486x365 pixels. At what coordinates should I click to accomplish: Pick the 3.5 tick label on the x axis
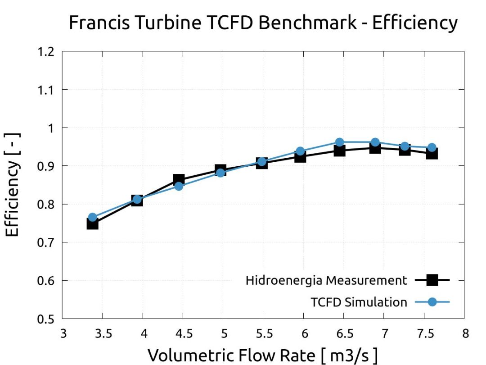pos(103,334)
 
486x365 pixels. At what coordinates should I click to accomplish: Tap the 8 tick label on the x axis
pos(465,334)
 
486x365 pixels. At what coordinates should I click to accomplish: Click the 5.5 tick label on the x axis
pos(264,334)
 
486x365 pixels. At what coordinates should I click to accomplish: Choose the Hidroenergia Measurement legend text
pos(326,280)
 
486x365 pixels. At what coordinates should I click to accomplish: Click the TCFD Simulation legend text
pos(359,302)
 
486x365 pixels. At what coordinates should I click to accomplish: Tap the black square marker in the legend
pos(432,280)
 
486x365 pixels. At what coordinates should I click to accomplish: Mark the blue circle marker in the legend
pos(432,302)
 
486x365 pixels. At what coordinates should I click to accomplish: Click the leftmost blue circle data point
pos(93,218)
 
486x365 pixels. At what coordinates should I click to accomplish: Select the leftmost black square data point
pos(93,224)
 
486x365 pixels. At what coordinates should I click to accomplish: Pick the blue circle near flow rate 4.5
pos(179,186)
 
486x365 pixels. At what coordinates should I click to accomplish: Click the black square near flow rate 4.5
pos(179,180)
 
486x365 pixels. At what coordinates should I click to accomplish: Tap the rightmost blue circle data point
pos(432,147)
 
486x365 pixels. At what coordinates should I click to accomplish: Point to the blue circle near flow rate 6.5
pos(340,142)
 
